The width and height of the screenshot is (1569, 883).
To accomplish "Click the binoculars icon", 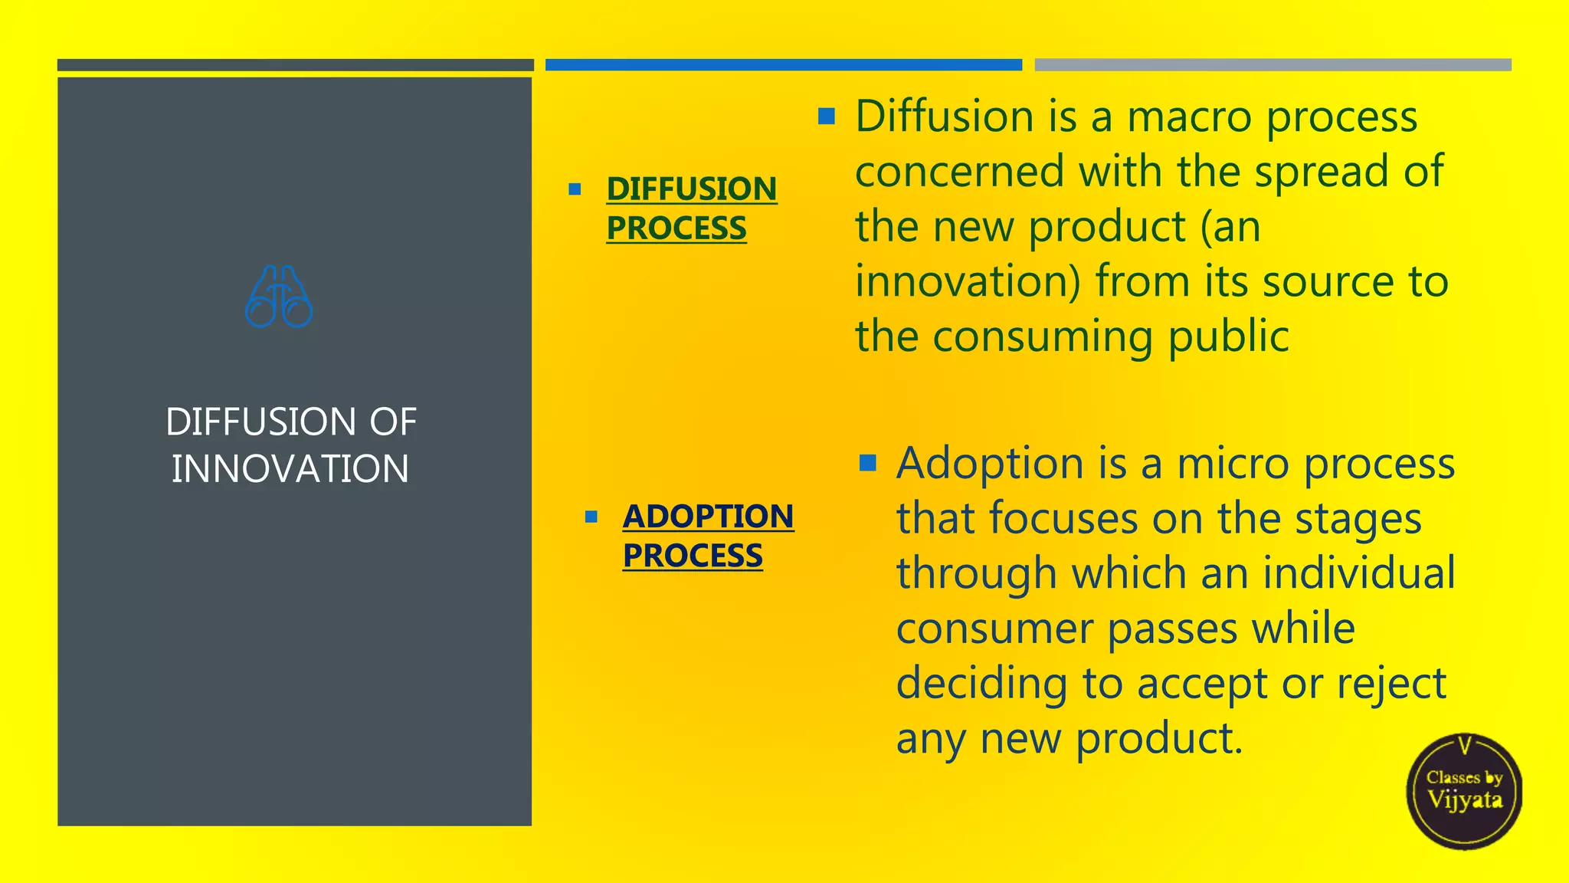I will (x=279, y=297).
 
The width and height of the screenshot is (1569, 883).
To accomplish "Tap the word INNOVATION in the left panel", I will (x=290, y=469).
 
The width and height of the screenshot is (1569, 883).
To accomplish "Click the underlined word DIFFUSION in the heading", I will (x=691, y=189).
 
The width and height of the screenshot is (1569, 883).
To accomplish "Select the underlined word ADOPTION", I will (x=708, y=516).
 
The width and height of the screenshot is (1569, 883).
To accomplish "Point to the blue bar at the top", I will (x=783, y=65).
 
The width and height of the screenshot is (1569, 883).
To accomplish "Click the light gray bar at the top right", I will (x=1273, y=65).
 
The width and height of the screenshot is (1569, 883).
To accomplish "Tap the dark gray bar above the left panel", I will (x=295, y=65).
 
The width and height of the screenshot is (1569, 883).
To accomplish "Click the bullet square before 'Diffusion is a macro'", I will (x=826, y=117).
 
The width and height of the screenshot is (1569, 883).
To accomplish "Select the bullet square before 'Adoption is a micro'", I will (x=867, y=463).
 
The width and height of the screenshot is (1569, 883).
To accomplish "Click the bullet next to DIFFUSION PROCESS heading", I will (x=575, y=189).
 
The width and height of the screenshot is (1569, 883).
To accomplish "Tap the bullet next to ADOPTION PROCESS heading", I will (x=591, y=517).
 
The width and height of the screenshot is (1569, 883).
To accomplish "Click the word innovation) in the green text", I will (x=968, y=281).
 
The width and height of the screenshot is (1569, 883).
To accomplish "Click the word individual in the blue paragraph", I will (x=1358, y=573).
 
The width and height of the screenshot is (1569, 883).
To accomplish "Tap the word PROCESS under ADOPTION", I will (x=693, y=556).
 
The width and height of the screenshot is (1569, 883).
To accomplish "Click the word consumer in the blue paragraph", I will (x=994, y=629).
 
